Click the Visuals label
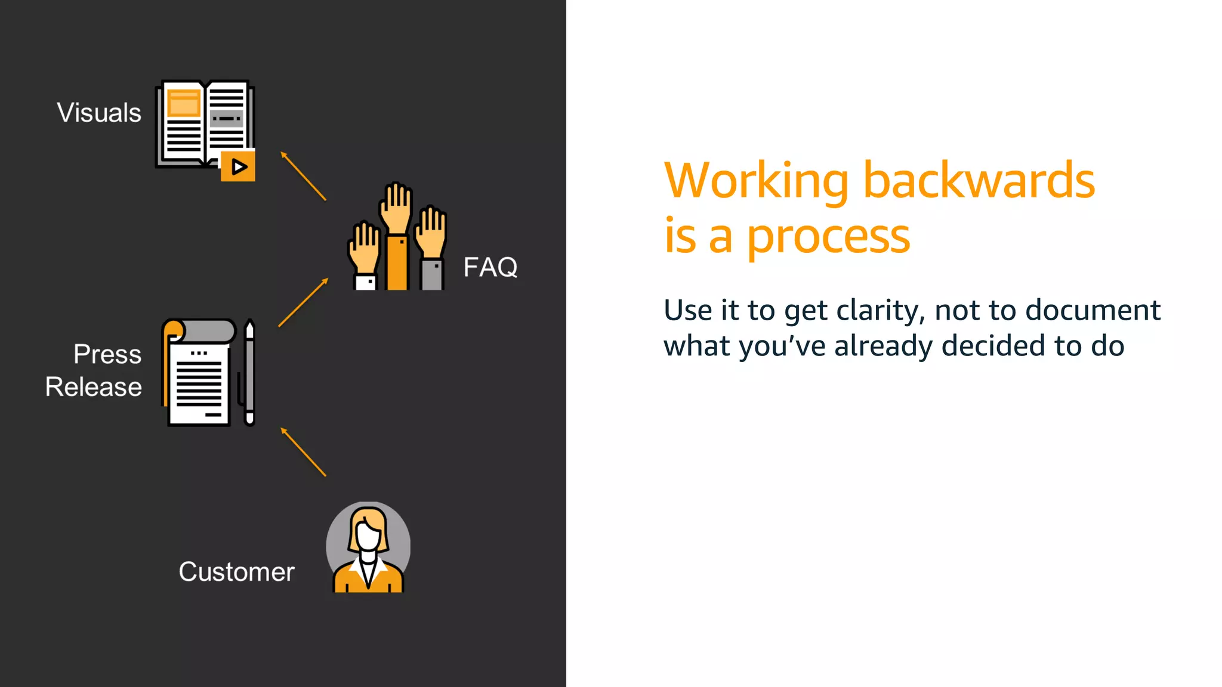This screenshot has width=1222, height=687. (99, 113)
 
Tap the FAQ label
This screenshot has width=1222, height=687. (490, 267)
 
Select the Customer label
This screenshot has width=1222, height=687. (236, 572)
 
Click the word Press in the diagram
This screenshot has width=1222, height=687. (107, 354)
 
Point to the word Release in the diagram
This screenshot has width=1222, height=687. (94, 387)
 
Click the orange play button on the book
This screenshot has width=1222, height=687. (238, 166)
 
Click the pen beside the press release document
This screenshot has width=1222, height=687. (249, 373)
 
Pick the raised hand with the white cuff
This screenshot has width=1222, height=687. (365, 256)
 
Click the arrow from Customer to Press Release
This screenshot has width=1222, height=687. (303, 452)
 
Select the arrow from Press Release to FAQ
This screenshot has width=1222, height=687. (303, 302)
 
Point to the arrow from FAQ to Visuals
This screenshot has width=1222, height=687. (303, 176)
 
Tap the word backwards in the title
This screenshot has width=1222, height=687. (979, 180)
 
